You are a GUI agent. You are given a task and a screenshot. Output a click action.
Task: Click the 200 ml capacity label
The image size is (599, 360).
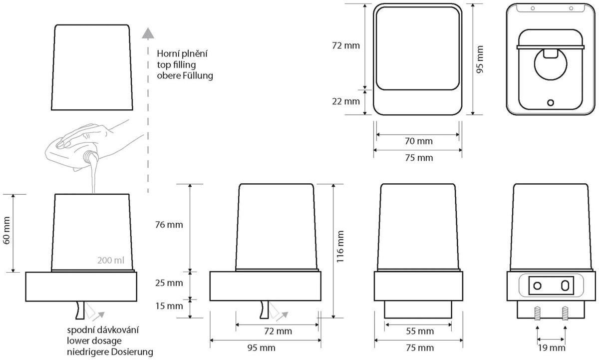(111, 260)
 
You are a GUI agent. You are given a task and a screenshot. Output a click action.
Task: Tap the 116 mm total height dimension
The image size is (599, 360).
(340, 247)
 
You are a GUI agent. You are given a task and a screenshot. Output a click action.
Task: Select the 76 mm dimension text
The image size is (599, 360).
(169, 225)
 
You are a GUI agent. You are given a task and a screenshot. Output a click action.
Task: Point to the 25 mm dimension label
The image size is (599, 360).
(169, 283)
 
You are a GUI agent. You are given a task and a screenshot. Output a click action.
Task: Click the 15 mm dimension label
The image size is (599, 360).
(169, 306)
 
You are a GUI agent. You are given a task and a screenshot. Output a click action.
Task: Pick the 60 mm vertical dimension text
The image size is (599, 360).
(6, 231)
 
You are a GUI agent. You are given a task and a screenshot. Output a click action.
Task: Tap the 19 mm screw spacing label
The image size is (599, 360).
(552, 348)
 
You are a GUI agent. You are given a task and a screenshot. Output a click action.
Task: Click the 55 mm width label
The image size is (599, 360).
(420, 331)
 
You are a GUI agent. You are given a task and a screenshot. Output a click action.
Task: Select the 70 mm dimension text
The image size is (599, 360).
(419, 141)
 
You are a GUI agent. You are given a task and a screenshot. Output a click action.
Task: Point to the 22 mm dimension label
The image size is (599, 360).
(346, 101)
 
